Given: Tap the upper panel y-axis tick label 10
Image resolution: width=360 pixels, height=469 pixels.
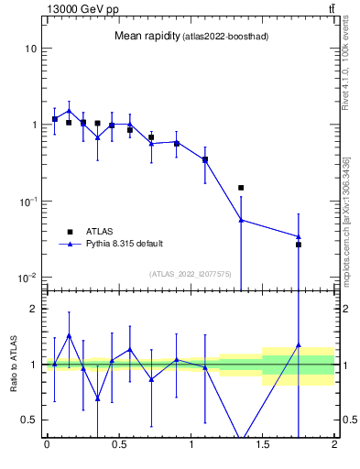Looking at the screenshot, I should tap(30, 48).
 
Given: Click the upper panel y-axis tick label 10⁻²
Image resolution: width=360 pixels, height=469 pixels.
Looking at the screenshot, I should tap(28, 278).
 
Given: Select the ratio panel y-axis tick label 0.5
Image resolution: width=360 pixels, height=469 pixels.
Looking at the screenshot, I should tap(30, 420).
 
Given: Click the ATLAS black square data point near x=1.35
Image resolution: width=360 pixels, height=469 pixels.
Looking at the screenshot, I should tap(241, 188).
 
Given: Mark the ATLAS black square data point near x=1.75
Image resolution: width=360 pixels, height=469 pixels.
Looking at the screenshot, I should tap(299, 245).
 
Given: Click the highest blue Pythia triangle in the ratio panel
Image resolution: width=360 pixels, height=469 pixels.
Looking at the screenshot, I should tap(69, 335).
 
